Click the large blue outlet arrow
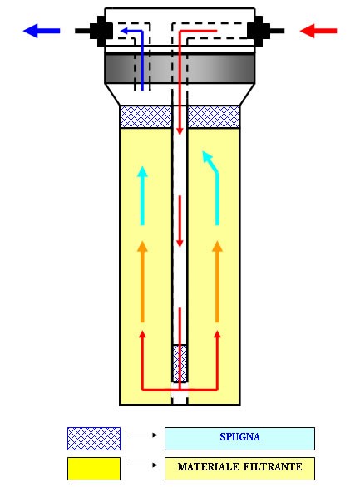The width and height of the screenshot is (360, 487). pyautogui.click(x=42, y=31)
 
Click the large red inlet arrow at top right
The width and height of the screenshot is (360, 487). pyautogui.click(x=318, y=31)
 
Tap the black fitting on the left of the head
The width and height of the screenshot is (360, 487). pyautogui.click(x=94, y=31)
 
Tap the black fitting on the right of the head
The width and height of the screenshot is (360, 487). pyautogui.click(x=265, y=31)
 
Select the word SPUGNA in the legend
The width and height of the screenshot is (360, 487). pyautogui.click(x=239, y=437)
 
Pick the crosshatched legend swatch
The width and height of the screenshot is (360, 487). pyautogui.click(x=94, y=439)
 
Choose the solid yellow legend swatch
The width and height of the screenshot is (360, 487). pyautogui.click(x=94, y=469)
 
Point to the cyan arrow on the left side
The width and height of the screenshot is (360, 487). pyautogui.click(x=142, y=195)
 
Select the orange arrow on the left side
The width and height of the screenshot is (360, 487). pyautogui.click(x=142, y=282)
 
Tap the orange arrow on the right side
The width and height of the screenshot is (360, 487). pyautogui.click(x=217, y=282)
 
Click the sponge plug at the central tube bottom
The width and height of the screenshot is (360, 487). pyautogui.click(x=180, y=363)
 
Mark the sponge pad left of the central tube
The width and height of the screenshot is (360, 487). pyautogui.click(x=145, y=116)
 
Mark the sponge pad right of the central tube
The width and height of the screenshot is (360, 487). pyautogui.click(x=214, y=116)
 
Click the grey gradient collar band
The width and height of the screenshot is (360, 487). pyautogui.click(x=180, y=69)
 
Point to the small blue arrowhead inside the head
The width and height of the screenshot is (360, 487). pyautogui.click(x=124, y=31)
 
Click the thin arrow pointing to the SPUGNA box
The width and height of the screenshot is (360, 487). pyautogui.click(x=142, y=435)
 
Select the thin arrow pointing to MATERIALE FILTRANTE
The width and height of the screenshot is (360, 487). pyautogui.click(x=142, y=465)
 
